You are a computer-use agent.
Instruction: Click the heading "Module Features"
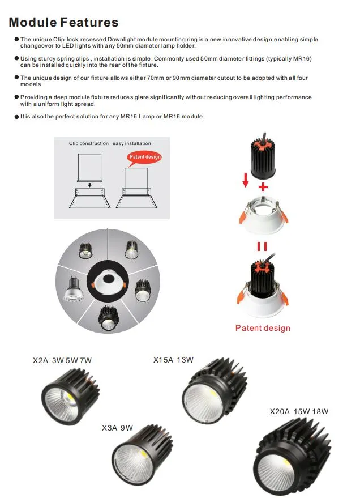point(63,23)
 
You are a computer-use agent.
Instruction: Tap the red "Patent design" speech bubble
point(145,157)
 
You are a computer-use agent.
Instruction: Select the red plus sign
point(262,187)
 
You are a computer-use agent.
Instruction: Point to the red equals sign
point(262,247)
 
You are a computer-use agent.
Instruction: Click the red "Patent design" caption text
point(262,328)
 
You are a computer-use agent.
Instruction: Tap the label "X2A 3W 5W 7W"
point(62,360)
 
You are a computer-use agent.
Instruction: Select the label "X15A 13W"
point(173,360)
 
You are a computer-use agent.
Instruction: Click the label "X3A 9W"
point(117,428)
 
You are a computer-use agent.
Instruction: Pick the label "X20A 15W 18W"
point(299,411)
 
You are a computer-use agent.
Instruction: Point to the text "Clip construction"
point(89,143)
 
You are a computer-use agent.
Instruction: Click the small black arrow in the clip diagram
point(89,184)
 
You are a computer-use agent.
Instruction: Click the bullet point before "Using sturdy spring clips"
point(16,58)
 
